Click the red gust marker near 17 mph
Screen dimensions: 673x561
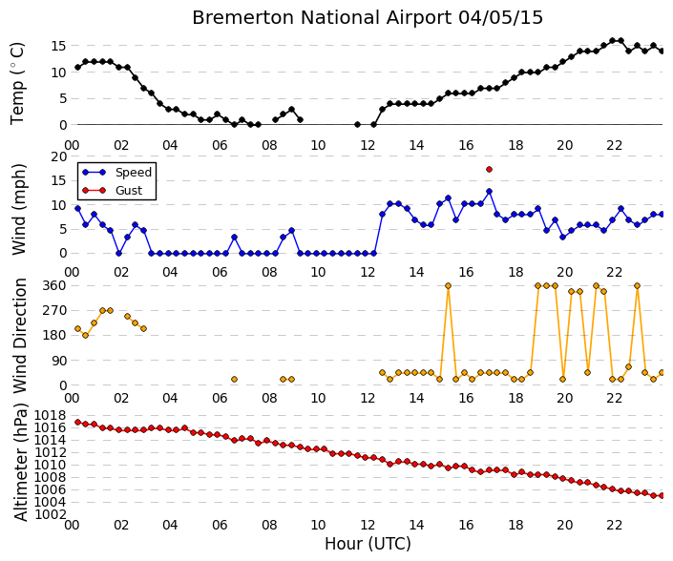(489, 170)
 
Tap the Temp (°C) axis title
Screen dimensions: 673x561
(17, 84)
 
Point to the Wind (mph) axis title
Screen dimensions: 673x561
(19, 210)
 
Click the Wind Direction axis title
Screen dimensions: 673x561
(20, 336)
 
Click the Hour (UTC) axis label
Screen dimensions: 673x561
(368, 544)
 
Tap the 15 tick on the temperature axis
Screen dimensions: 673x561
(59, 46)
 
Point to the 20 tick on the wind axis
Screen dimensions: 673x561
(59, 157)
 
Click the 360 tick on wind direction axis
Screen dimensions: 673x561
(55, 285)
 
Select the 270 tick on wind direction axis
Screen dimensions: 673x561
(55, 310)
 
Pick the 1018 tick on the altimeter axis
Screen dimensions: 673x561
(51, 415)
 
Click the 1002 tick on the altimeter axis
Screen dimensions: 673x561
(51, 514)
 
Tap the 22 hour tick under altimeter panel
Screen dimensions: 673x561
(614, 525)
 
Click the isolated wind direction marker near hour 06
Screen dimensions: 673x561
(234, 379)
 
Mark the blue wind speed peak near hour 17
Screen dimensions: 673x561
(489, 191)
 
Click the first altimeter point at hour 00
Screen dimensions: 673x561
(77, 422)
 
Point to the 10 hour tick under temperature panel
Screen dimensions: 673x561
(318, 145)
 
